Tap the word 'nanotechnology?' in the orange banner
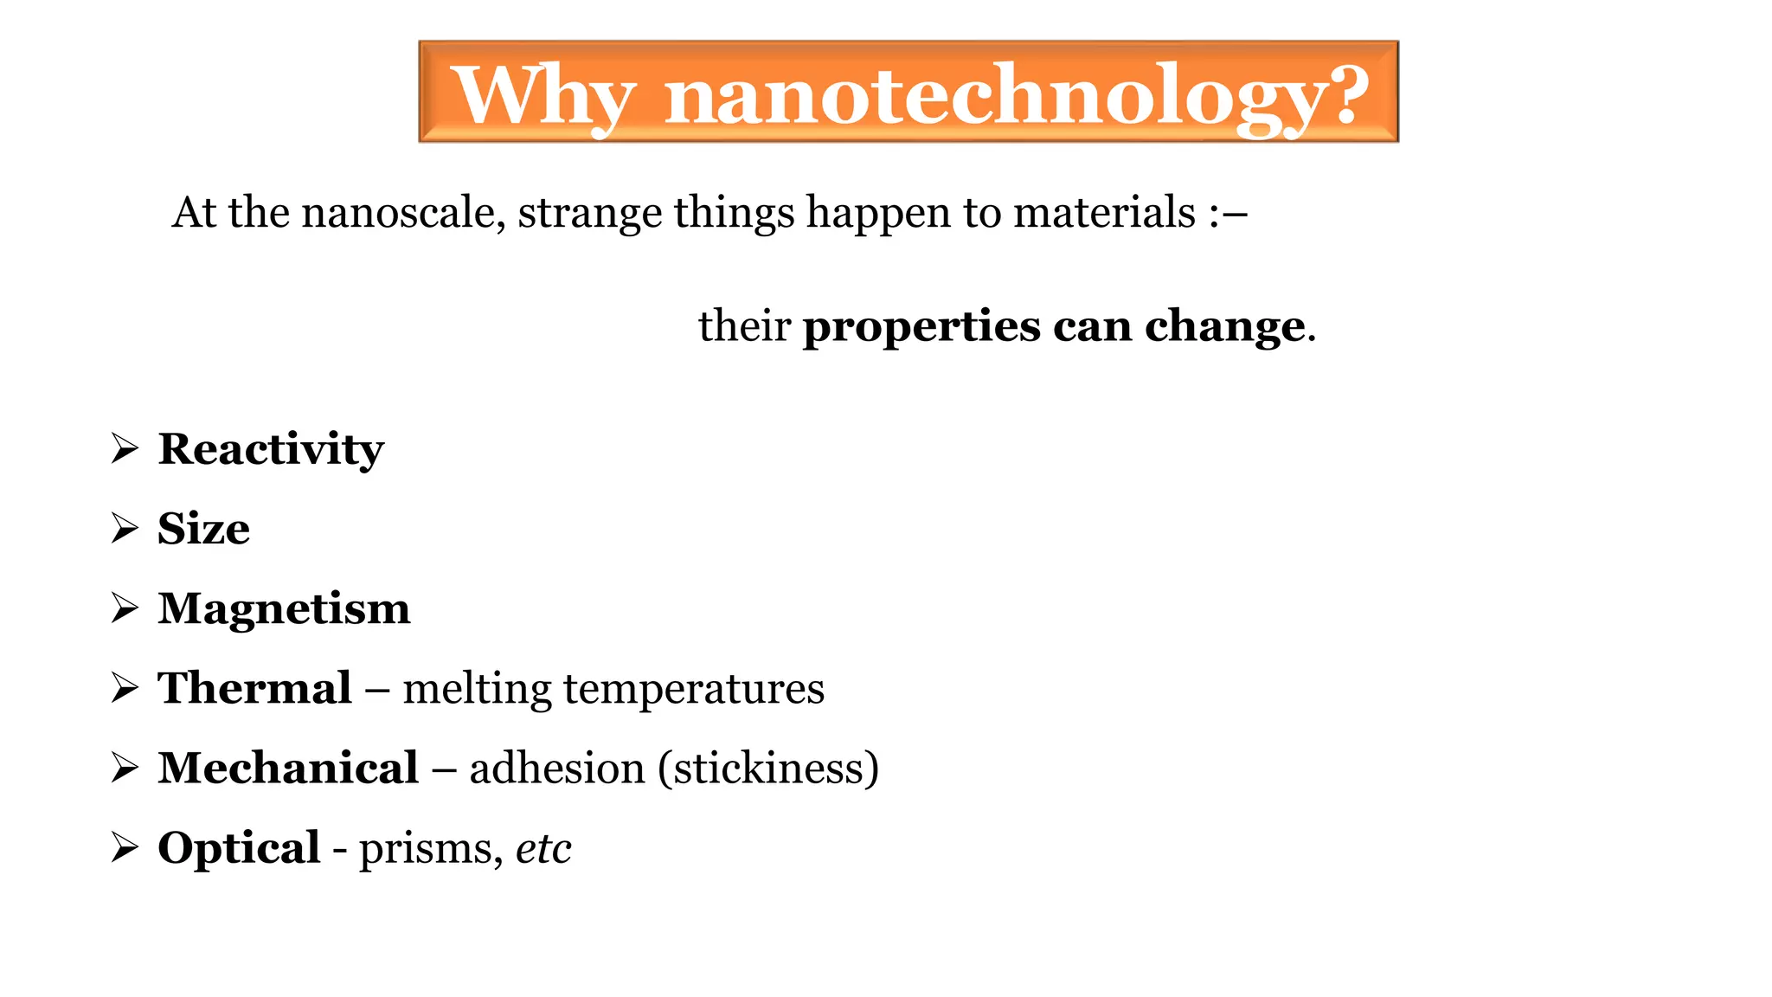(x=1017, y=96)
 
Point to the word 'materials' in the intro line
(x=1104, y=213)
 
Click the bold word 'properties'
(x=921, y=328)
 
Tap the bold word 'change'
(x=1224, y=328)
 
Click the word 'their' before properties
(x=744, y=326)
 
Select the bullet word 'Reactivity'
(x=271, y=450)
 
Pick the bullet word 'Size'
(x=204, y=529)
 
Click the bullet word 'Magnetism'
(x=284, y=608)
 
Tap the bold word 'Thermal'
(x=254, y=689)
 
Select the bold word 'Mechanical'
(x=288, y=769)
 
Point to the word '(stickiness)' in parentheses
(x=768, y=769)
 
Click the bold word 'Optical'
(x=239, y=849)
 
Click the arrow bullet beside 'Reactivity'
(x=125, y=448)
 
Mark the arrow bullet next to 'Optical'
(x=125, y=848)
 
